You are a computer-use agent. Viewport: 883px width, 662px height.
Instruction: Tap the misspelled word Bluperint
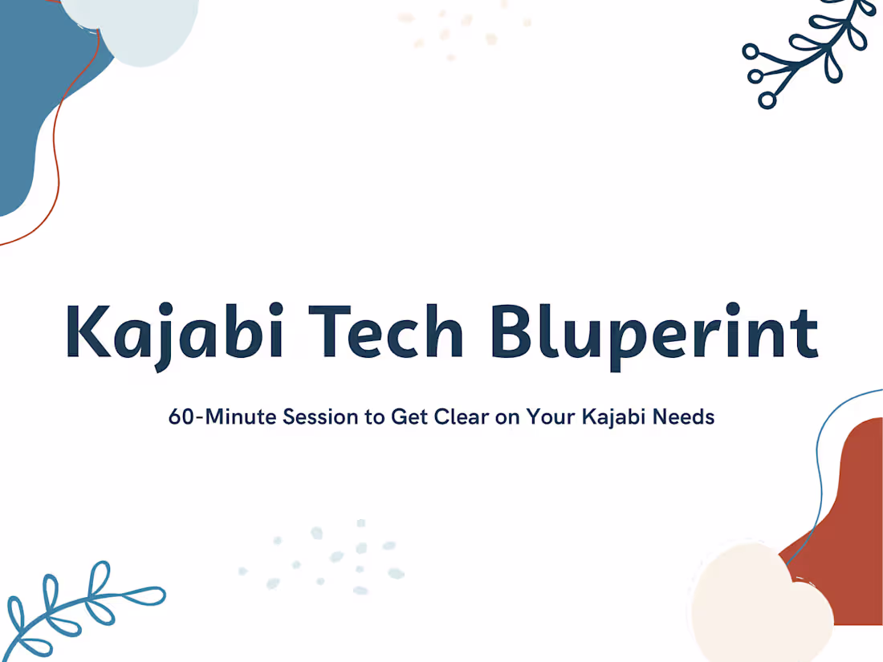[x=653, y=331]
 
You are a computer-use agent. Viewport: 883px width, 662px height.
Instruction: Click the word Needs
[x=682, y=417]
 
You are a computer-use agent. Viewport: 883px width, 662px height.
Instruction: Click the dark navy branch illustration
[x=803, y=52]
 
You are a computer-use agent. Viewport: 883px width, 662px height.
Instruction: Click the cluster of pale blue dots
[x=329, y=558]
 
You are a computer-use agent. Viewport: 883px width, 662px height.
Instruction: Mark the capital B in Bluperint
[x=514, y=331]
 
